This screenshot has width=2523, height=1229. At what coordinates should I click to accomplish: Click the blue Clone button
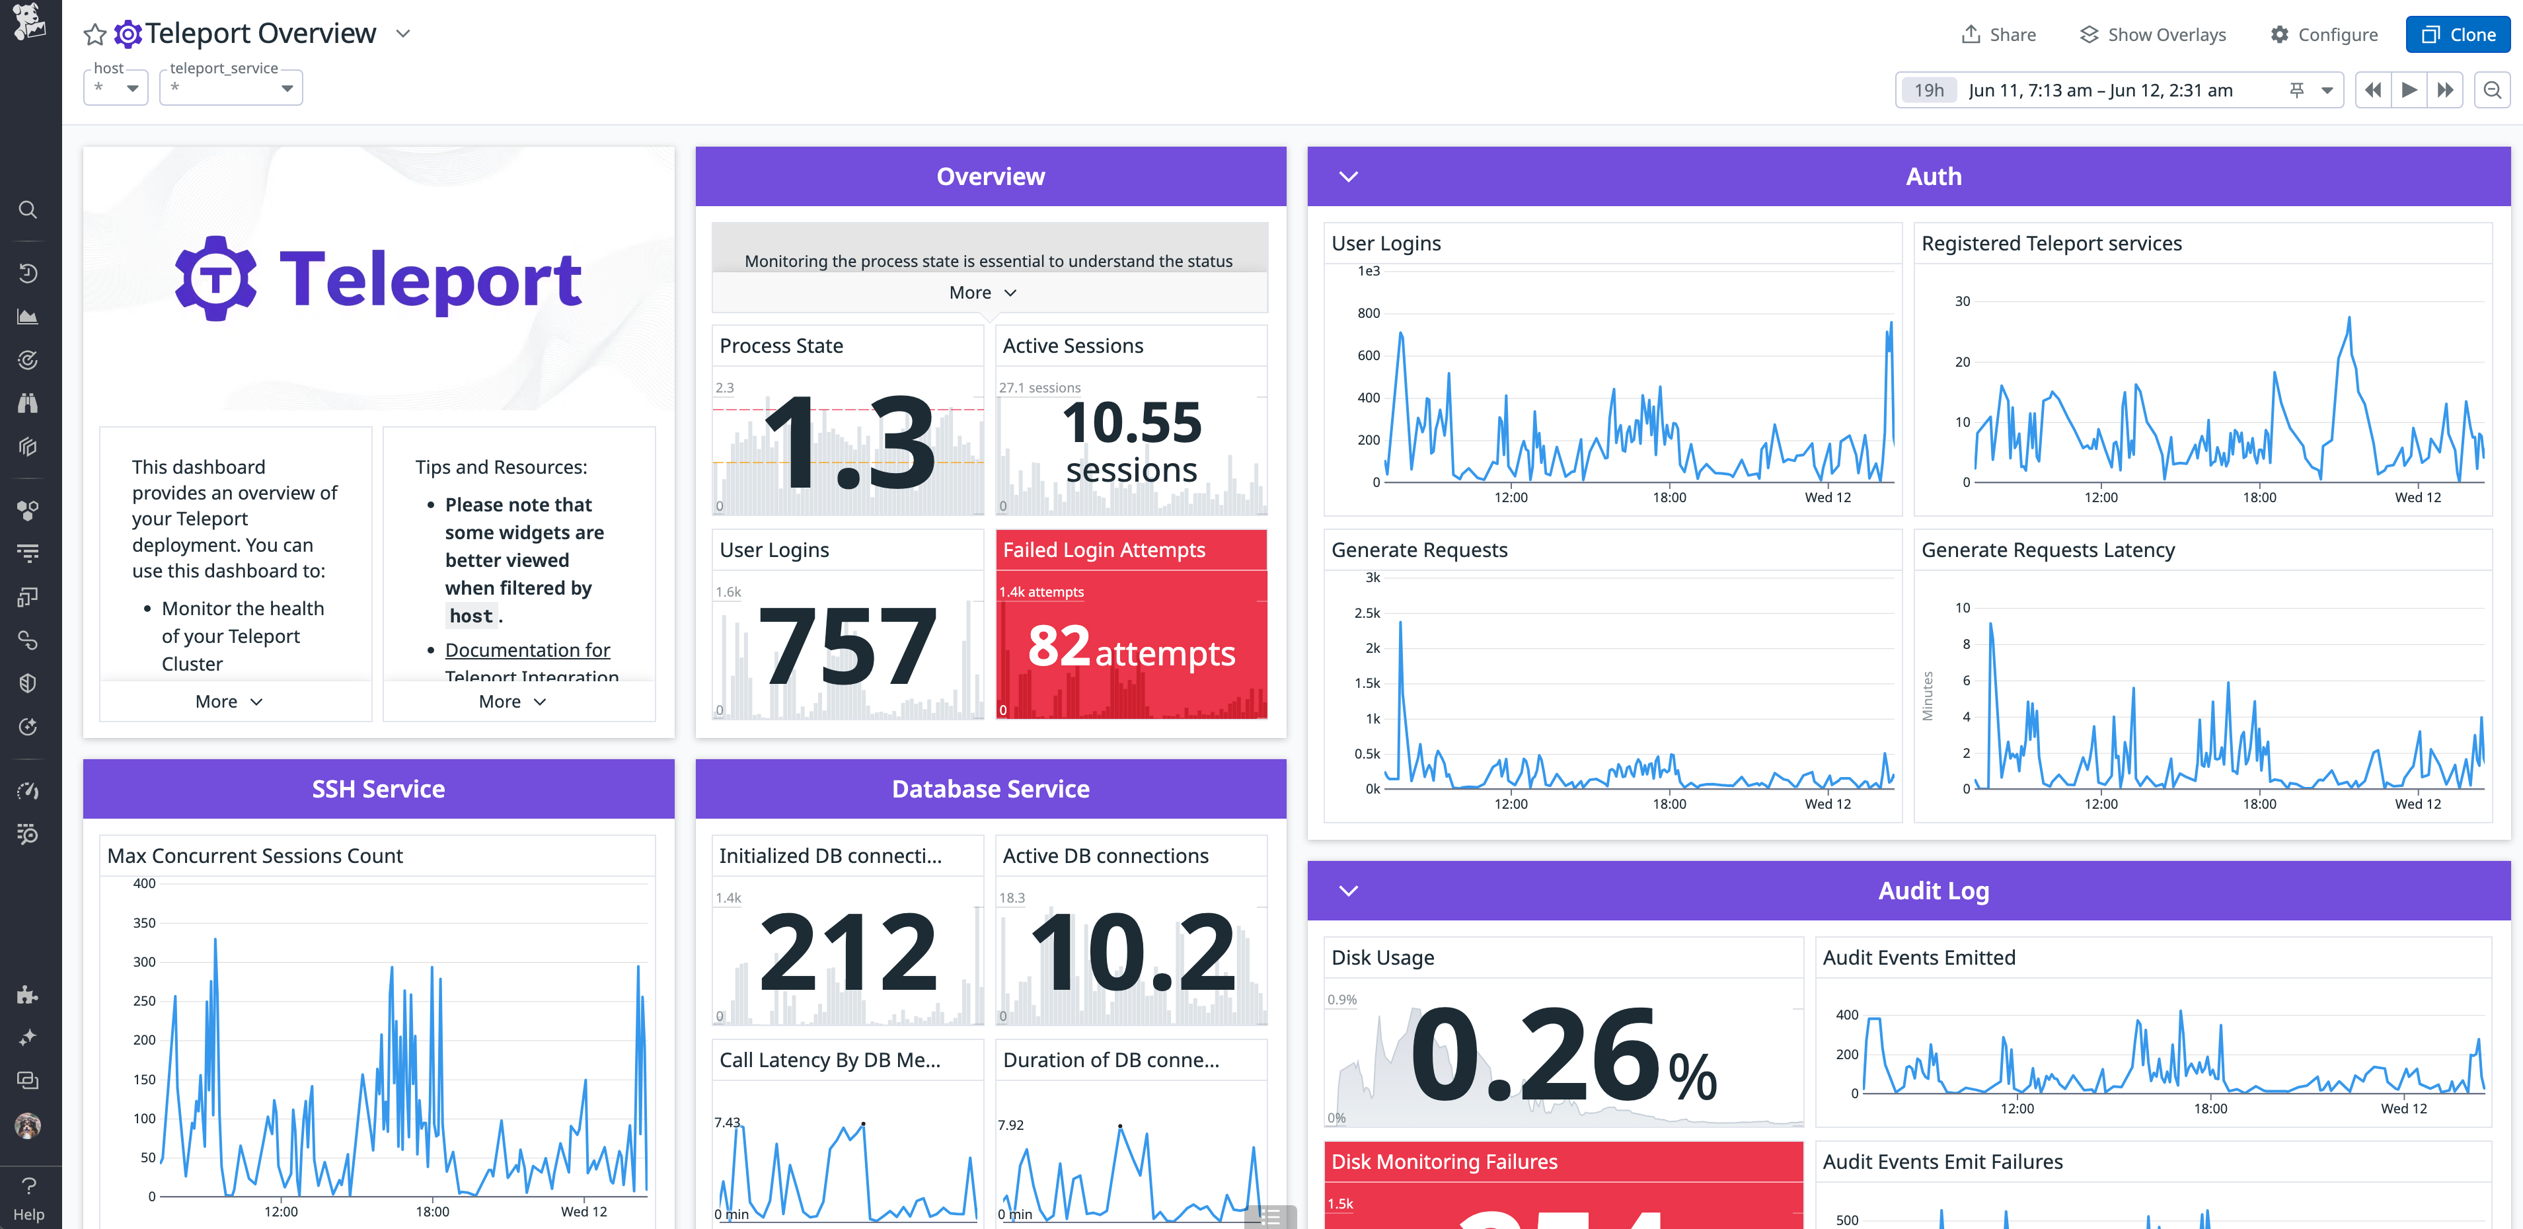pos(2458,34)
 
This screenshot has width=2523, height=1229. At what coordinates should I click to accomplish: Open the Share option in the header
pos(1998,34)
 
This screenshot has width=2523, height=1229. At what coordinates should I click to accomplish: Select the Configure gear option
pos(2323,34)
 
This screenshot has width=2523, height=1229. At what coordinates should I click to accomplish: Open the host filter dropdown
pos(116,87)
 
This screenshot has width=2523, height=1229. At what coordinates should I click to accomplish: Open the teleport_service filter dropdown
pos(231,87)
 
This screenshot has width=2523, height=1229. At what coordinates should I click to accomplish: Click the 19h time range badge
pos(1928,90)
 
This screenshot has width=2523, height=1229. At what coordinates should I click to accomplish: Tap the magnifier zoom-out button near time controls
pos(2492,90)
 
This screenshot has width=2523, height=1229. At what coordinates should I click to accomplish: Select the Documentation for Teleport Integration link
pos(527,650)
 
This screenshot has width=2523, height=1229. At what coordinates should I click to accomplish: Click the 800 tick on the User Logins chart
pos(1369,313)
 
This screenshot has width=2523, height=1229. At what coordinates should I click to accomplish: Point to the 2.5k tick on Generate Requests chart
pos(1367,613)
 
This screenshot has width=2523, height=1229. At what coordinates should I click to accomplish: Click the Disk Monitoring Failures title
pos(1444,1162)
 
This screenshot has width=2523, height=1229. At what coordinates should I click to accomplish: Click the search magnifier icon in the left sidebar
pos(28,209)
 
